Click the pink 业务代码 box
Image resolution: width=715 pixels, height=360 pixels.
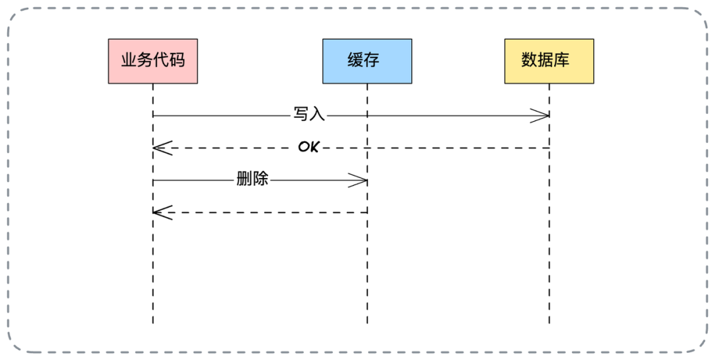(153, 61)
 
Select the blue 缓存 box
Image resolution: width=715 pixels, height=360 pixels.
(367, 61)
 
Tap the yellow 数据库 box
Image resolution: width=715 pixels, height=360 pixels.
(549, 61)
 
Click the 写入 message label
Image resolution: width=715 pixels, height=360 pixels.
(309, 114)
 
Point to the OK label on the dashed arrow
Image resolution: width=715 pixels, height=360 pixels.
(309, 147)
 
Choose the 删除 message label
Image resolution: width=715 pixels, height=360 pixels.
(252, 179)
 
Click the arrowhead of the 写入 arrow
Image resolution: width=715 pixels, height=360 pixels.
(540, 116)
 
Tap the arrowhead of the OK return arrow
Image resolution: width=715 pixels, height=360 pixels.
(162, 148)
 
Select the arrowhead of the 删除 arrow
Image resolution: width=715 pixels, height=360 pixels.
(358, 181)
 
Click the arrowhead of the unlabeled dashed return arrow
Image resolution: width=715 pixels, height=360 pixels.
(162, 212)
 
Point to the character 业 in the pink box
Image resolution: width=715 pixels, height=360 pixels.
(129, 60)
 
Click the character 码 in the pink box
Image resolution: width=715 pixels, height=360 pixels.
(177, 60)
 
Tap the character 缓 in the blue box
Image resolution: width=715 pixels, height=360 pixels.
(356, 60)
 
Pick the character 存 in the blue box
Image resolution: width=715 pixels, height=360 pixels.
(371, 60)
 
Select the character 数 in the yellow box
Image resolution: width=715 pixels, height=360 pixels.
(530, 60)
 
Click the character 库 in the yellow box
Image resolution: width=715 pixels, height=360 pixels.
(561, 60)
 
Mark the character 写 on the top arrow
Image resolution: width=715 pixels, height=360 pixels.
(301, 114)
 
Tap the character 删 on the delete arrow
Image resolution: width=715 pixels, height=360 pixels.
(244, 179)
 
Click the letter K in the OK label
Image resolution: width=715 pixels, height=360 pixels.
(314, 147)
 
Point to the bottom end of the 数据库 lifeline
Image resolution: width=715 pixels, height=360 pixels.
(549, 324)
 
